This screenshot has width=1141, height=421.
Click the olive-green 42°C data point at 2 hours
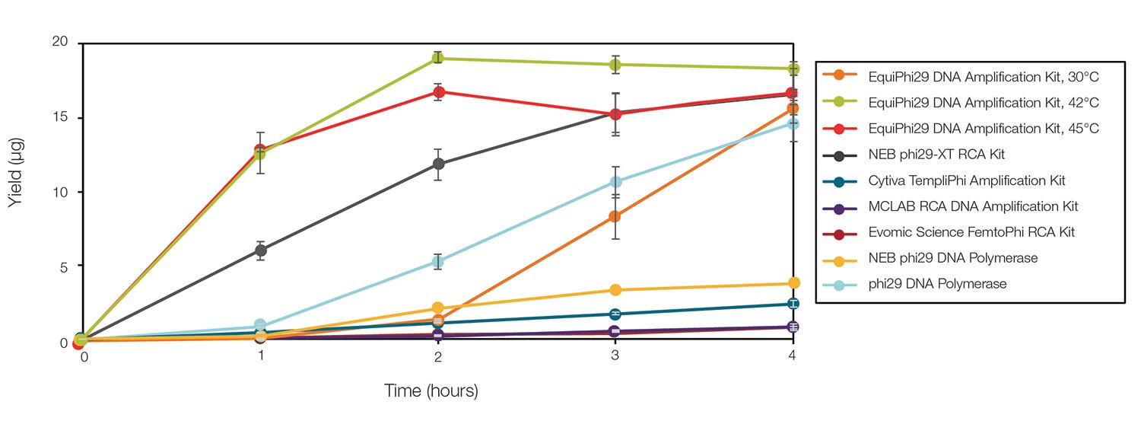pos(437,59)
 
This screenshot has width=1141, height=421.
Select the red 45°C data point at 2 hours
pos(437,92)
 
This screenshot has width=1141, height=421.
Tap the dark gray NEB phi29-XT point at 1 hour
pos(260,250)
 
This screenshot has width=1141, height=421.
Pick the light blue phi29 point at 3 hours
pos(615,182)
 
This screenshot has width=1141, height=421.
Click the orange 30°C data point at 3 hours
pos(615,216)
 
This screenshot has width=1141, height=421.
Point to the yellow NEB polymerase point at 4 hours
pos(793,283)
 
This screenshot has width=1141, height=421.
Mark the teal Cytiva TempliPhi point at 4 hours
pos(793,304)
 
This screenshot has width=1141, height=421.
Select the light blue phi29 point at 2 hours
pos(437,262)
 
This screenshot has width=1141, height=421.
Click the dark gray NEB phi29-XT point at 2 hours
pos(437,164)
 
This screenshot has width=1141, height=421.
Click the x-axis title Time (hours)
pos(431,392)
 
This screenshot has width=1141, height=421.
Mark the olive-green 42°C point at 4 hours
pos(793,69)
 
